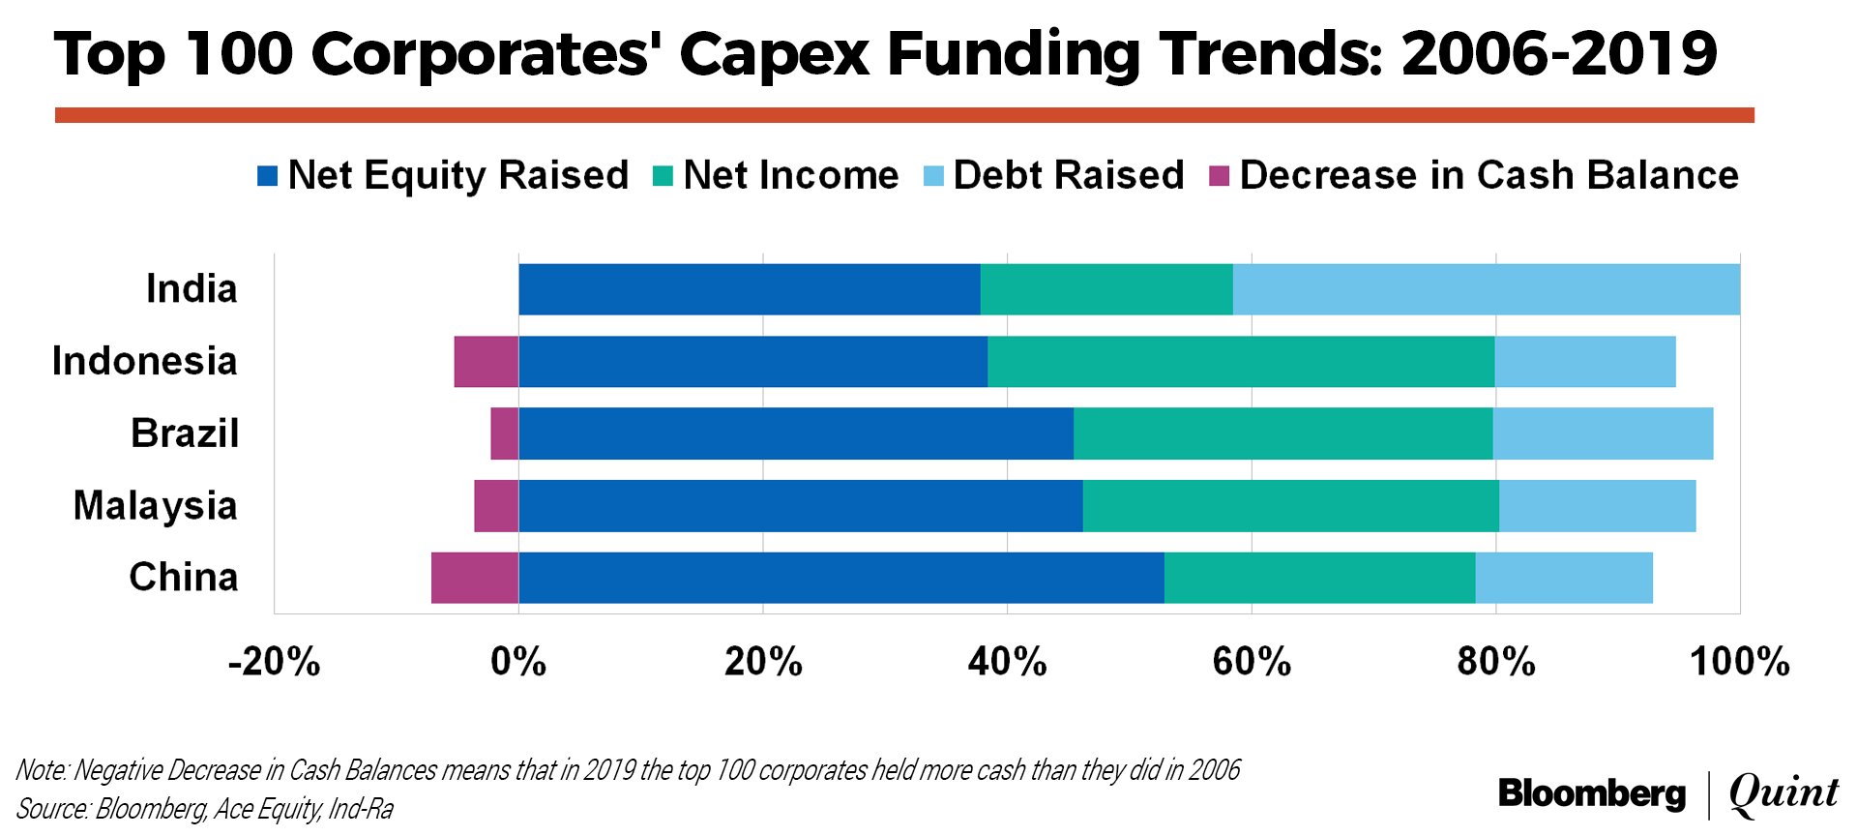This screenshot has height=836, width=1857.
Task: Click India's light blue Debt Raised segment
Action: click(x=1486, y=289)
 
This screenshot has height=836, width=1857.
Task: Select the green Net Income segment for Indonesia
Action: click(x=1240, y=362)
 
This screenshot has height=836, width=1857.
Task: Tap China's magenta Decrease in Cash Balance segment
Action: click(x=475, y=578)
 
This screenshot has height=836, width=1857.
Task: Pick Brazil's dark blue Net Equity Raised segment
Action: click(x=795, y=433)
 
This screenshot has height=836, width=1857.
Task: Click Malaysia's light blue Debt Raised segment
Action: click(x=1597, y=506)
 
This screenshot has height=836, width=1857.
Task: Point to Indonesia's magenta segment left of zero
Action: click(x=486, y=362)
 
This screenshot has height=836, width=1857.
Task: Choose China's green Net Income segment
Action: click(x=1319, y=578)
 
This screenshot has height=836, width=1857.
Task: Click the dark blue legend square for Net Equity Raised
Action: click(x=268, y=176)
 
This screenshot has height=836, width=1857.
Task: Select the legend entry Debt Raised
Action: click(x=1068, y=175)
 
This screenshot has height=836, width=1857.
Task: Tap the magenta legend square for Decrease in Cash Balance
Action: click(x=1219, y=176)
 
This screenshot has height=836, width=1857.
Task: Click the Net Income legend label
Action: click(x=790, y=175)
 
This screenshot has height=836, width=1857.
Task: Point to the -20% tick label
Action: click(x=275, y=663)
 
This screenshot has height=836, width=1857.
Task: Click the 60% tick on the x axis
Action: click(x=1252, y=663)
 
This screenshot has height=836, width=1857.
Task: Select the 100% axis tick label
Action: click(x=1739, y=663)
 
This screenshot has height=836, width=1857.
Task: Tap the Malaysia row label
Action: click(x=156, y=506)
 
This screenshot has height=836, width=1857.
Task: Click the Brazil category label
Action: click(x=185, y=433)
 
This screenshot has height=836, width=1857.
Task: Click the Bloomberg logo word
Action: click(x=1591, y=794)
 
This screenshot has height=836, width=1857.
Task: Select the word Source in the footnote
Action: click(x=52, y=809)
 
